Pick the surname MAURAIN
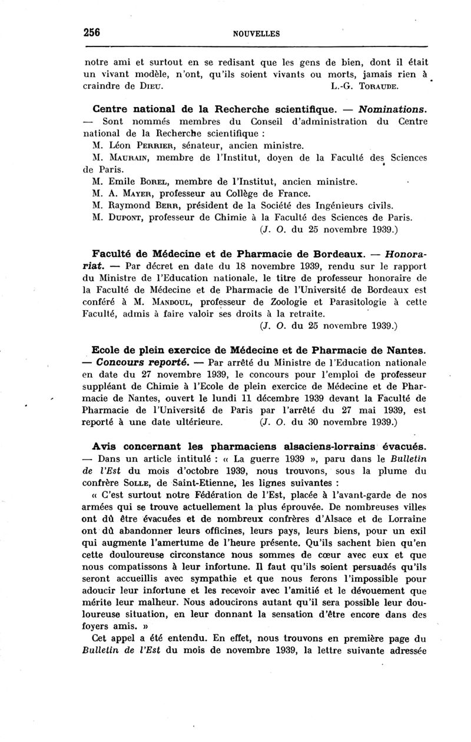129,157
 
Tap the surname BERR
166,205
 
